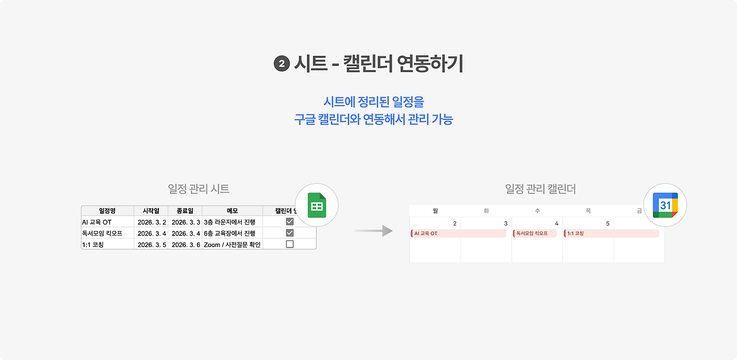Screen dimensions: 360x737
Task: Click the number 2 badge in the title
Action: [x=282, y=64]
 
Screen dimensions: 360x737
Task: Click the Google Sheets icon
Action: [x=316, y=206]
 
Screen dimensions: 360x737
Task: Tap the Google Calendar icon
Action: [x=665, y=206]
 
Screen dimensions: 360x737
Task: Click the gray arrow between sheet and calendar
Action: [x=374, y=231]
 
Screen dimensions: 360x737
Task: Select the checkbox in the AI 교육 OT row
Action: [x=290, y=222]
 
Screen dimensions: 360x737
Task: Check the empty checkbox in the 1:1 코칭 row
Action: [x=290, y=244]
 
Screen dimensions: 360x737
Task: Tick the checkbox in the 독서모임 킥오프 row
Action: [x=290, y=233]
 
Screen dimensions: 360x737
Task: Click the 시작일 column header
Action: [x=151, y=211]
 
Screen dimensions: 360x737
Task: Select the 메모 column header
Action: [x=232, y=211]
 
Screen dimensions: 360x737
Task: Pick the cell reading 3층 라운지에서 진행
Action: [x=229, y=222]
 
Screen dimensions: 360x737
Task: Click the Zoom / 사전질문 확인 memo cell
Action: [x=232, y=244]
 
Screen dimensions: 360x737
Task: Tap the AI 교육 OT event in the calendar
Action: [x=458, y=233]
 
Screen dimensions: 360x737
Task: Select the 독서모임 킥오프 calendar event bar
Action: [x=535, y=233]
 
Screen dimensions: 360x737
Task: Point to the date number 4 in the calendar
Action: [x=557, y=223]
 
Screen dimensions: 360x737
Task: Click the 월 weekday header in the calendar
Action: [x=435, y=211]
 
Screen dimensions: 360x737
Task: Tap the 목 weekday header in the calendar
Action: [x=588, y=211]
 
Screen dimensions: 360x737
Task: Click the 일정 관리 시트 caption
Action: [x=199, y=189]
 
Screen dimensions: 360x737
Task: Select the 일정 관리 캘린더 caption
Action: [x=540, y=189]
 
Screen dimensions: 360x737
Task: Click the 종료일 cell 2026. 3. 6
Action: [x=185, y=244]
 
